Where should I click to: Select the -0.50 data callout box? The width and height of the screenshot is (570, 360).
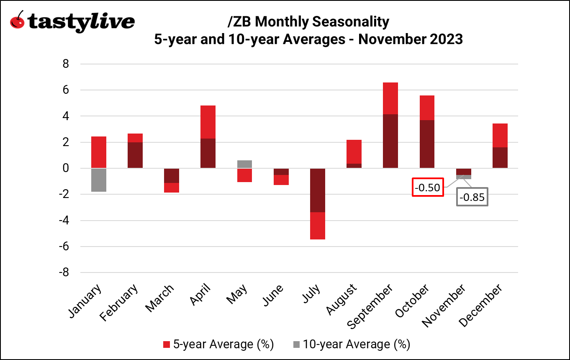[x=427, y=188]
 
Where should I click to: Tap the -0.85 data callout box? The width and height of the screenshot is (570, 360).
[x=472, y=197]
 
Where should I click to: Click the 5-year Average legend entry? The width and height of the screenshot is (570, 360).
[x=218, y=345]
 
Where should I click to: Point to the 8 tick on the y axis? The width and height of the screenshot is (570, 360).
[x=65, y=64]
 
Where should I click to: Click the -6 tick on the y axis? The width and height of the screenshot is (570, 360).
[x=63, y=247]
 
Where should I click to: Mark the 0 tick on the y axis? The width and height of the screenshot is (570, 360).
[x=65, y=168]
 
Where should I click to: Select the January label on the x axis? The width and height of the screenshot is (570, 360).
[x=84, y=302]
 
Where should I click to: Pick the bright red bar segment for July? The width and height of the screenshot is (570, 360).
[x=317, y=226]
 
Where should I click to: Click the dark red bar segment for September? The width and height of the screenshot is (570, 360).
[x=390, y=141]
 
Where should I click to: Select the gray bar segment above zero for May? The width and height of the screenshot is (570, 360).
[x=244, y=164]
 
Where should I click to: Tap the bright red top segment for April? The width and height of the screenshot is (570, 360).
[x=208, y=122]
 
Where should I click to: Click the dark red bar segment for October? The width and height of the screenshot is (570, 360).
[x=426, y=144]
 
